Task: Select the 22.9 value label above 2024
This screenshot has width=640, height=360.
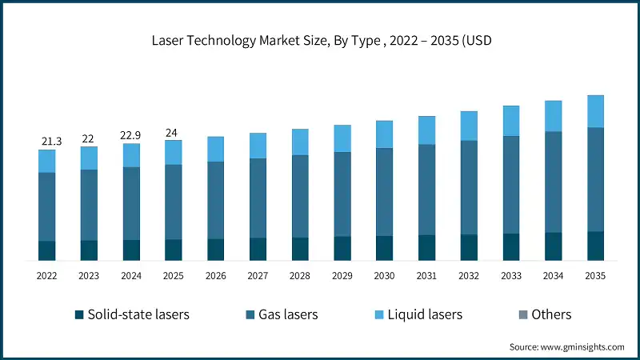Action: pyautogui.click(x=131, y=136)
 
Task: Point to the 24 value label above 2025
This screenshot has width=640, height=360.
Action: pyautogui.click(x=174, y=133)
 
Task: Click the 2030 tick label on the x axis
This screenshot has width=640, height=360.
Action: pyautogui.click(x=384, y=276)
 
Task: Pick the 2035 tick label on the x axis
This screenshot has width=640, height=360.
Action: pyautogui.click(x=595, y=276)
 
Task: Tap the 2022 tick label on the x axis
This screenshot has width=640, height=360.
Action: pyautogui.click(x=47, y=276)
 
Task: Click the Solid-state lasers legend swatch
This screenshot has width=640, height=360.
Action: pyautogui.click(x=78, y=315)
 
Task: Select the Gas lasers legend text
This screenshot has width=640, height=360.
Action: pyautogui.click(x=288, y=314)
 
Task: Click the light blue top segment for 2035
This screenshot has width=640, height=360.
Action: pyautogui.click(x=595, y=111)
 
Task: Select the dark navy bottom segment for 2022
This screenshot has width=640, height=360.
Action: pyautogui.click(x=47, y=250)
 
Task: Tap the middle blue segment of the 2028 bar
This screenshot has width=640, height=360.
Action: pyautogui.click(x=300, y=196)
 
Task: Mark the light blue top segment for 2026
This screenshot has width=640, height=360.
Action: pyautogui.click(x=216, y=149)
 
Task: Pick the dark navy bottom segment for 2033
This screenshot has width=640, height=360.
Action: pyautogui.click(x=511, y=246)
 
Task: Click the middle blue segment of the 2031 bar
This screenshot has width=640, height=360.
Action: pyautogui.click(x=426, y=190)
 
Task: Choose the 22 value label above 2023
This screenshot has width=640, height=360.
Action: pyautogui.click(x=89, y=139)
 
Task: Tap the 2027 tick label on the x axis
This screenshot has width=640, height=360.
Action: pyautogui.click(x=258, y=276)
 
